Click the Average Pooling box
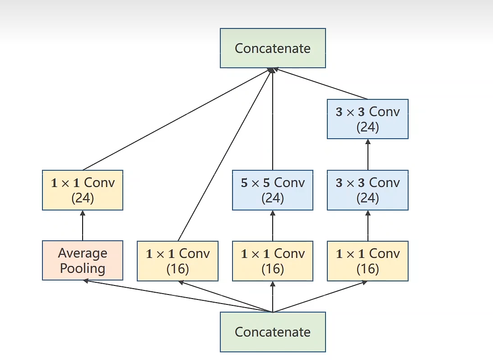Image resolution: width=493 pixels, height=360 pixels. click(83, 260)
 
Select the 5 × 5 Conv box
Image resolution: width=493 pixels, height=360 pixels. click(273, 190)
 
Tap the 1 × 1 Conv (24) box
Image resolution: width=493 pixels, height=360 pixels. click(83, 190)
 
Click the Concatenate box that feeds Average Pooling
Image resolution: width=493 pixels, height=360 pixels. click(273, 332)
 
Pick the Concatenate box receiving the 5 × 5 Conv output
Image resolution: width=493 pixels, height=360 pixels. click(273, 48)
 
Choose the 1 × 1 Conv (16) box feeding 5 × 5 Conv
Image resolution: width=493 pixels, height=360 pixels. click(273, 261)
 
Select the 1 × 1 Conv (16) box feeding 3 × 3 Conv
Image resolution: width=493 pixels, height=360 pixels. click(367, 261)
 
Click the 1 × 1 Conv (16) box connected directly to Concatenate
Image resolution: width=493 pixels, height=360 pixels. click(177, 261)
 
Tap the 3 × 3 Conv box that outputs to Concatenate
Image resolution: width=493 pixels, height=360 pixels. click(367, 119)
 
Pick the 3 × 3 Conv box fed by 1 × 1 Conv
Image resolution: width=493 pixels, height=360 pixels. click(367, 190)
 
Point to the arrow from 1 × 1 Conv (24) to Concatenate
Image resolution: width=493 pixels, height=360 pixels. click(176, 119)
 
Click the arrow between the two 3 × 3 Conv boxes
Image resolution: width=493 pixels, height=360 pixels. click(367, 154)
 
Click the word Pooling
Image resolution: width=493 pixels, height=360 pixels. click(83, 268)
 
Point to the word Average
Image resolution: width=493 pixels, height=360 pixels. click(83, 253)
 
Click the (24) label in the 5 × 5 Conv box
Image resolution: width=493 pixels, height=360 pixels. click(273, 198)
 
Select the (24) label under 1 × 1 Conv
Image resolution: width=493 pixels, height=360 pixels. click(83, 198)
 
